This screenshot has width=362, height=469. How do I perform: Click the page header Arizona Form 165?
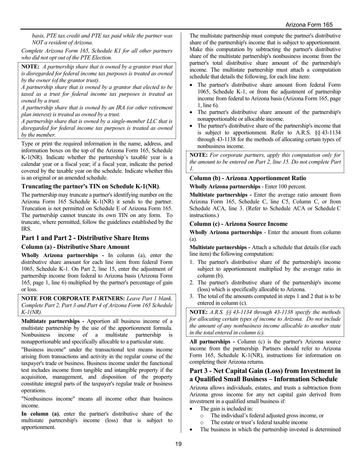[x=309, y=24]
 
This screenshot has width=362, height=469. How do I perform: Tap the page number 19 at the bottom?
[x=178, y=444]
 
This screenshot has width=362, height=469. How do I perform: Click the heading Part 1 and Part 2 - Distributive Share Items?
[x=85, y=238]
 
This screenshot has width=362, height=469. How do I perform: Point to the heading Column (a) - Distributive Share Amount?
[x=75, y=247]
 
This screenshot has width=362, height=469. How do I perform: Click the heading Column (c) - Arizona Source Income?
[x=239, y=224]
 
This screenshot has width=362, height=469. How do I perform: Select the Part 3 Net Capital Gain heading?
[x=265, y=375]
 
